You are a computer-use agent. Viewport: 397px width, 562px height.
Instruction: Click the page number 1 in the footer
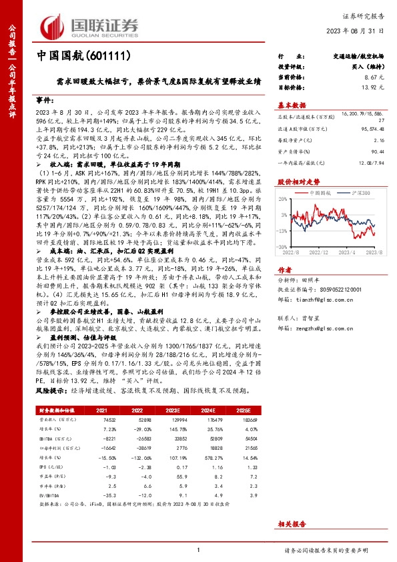pos(198,550)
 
